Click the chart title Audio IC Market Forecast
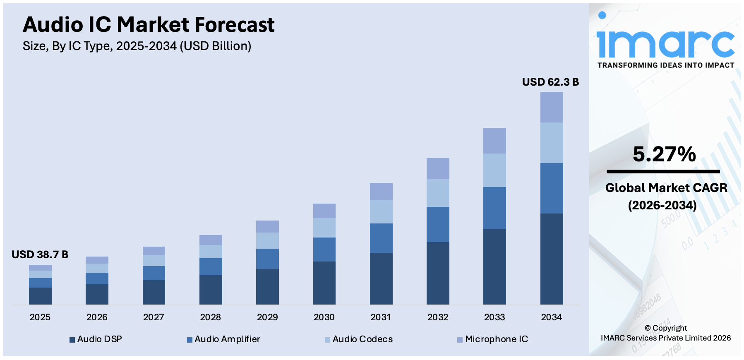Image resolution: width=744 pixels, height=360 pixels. click(149, 25)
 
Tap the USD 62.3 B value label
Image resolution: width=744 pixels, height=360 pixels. click(550, 82)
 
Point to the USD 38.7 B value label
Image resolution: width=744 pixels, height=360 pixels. click(40, 254)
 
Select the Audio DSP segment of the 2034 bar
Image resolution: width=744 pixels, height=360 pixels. click(551, 259)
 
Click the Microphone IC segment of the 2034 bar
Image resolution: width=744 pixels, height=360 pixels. click(551, 107)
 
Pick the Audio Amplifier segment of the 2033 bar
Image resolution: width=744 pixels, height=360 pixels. click(494, 208)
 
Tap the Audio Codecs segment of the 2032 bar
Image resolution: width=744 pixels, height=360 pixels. click(438, 193)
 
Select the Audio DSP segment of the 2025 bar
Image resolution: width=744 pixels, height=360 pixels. click(40, 296)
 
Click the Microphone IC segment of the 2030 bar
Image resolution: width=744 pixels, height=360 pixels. click(324, 211)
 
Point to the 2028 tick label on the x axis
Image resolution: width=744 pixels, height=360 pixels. click(210, 317)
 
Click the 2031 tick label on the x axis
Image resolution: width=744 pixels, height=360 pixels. click(381, 317)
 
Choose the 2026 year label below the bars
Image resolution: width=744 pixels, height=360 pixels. click(97, 317)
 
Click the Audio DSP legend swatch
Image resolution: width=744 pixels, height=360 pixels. click(72, 340)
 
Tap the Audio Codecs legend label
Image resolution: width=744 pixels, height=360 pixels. click(362, 339)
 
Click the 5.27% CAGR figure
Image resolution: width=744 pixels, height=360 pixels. click(664, 154)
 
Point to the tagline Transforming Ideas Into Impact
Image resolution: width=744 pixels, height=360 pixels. click(665, 65)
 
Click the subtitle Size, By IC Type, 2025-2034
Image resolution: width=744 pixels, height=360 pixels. click(137, 46)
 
